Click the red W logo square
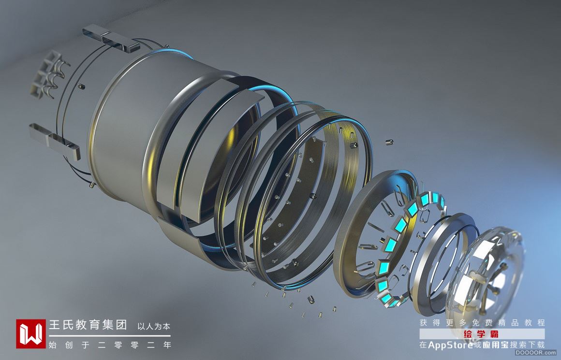(x=31, y=333)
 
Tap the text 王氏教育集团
(x=88, y=325)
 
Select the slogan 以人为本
(x=154, y=326)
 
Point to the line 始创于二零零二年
(x=110, y=345)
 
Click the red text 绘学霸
(x=481, y=334)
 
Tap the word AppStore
(x=450, y=345)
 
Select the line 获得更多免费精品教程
(x=482, y=322)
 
